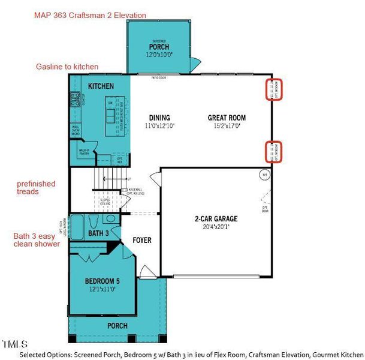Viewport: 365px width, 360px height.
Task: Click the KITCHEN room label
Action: pyautogui.click(x=101, y=86)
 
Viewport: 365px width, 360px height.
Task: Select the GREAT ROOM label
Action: pyautogui.click(x=227, y=118)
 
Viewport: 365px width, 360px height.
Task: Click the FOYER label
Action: pyautogui.click(x=142, y=241)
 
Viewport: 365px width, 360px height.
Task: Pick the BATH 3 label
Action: pyautogui.click(x=98, y=233)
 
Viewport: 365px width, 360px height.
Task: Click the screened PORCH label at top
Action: pyautogui.click(x=159, y=47)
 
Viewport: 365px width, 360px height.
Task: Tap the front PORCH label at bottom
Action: pyautogui.click(x=117, y=326)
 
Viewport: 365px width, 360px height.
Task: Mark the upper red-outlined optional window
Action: pyautogui.click(x=276, y=89)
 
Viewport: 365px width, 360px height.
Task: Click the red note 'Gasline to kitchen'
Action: pyautogui.click(x=67, y=67)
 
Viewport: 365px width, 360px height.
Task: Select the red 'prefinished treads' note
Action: pyautogui.click(x=36, y=187)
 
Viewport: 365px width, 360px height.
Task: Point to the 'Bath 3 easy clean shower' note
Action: pyautogui.click(x=37, y=240)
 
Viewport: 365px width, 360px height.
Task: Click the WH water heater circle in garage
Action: pyautogui.click(x=264, y=175)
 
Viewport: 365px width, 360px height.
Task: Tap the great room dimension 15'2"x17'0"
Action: pyautogui.click(x=227, y=126)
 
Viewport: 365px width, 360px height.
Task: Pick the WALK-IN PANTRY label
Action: pyautogui.click(x=85, y=152)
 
